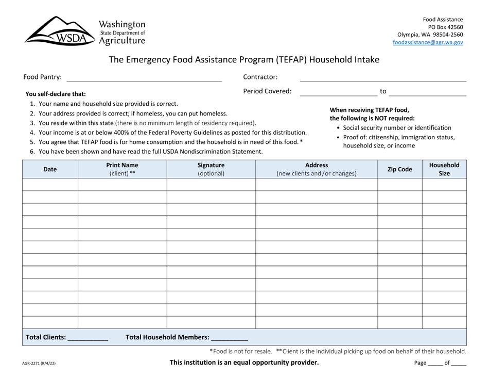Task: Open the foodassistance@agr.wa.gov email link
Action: [427, 42]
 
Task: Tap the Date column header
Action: [50, 169]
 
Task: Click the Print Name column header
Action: [122, 169]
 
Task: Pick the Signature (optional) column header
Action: [211, 169]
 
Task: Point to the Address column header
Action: [317, 169]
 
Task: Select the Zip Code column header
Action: [399, 169]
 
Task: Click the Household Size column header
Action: [444, 169]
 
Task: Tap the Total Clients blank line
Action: [88, 339]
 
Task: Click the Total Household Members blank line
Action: [230, 339]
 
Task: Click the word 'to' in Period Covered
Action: [383, 91]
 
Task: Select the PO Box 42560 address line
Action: [445, 27]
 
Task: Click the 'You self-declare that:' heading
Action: [56, 94]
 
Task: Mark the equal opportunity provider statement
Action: [244, 363]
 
